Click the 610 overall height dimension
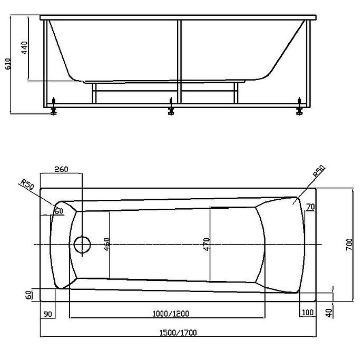tap(8, 64)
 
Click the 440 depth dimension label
tap(24, 48)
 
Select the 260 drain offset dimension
tap(61, 169)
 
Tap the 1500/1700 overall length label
tap(178, 333)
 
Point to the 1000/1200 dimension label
tap(171, 314)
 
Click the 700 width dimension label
tap(349, 245)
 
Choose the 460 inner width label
tap(107, 244)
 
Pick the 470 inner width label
tap(207, 244)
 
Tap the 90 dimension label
tap(48, 314)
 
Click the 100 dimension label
tap(308, 313)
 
